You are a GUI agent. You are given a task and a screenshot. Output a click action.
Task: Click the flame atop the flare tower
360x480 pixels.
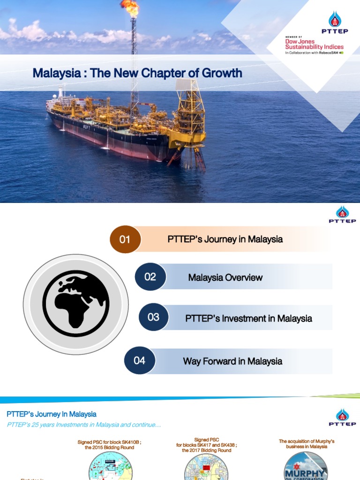(x=130, y=7)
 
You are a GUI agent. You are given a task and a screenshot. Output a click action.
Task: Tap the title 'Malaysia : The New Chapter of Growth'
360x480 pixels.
(x=137, y=73)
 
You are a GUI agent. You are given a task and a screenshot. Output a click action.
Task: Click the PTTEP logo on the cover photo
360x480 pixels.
(x=335, y=23)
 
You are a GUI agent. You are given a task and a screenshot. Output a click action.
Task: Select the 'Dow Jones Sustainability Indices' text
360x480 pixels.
(x=314, y=45)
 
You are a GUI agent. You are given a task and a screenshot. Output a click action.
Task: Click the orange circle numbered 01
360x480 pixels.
(x=125, y=240)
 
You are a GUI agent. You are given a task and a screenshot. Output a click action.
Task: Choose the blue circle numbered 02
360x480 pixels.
(x=150, y=277)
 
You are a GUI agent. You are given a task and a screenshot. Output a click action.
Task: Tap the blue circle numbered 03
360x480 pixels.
(x=153, y=317)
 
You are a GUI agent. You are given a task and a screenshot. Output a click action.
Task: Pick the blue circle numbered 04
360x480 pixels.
(x=139, y=360)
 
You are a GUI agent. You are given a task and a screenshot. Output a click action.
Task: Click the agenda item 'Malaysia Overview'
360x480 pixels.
(x=225, y=277)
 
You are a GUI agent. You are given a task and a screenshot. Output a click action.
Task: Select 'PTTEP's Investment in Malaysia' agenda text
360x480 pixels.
(x=248, y=318)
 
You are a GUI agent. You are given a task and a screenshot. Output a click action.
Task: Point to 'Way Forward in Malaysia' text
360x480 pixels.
(x=232, y=361)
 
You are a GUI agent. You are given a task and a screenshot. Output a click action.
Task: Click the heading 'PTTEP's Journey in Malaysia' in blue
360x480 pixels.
(x=52, y=414)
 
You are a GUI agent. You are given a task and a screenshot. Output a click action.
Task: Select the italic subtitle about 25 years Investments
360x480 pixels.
(x=84, y=425)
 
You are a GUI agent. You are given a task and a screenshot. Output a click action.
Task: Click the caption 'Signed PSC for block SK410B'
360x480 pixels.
(x=106, y=444)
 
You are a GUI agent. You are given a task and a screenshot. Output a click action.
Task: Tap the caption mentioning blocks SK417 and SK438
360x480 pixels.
(x=206, y=445)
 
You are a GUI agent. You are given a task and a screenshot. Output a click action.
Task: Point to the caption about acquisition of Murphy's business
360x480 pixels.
(x=307, y=444)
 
